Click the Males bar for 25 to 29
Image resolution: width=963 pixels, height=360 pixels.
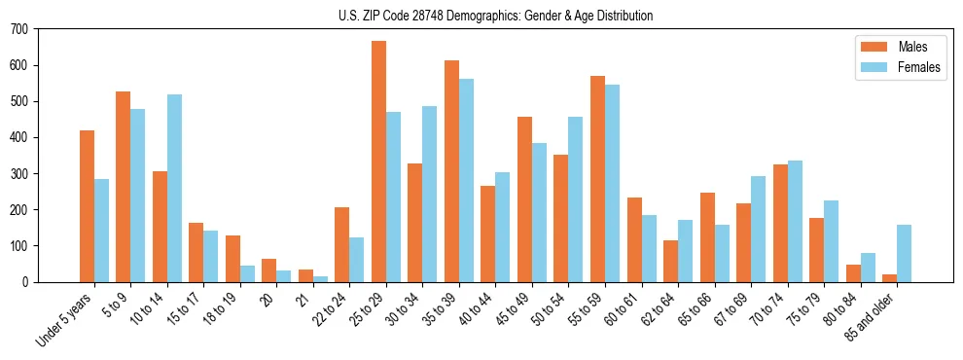pos(378,162)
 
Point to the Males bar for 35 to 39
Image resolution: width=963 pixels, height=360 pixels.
pos(451,171)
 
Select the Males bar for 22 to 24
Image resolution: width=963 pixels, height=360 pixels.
pos(342,244)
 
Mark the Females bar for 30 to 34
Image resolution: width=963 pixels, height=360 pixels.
pos(430,194)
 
